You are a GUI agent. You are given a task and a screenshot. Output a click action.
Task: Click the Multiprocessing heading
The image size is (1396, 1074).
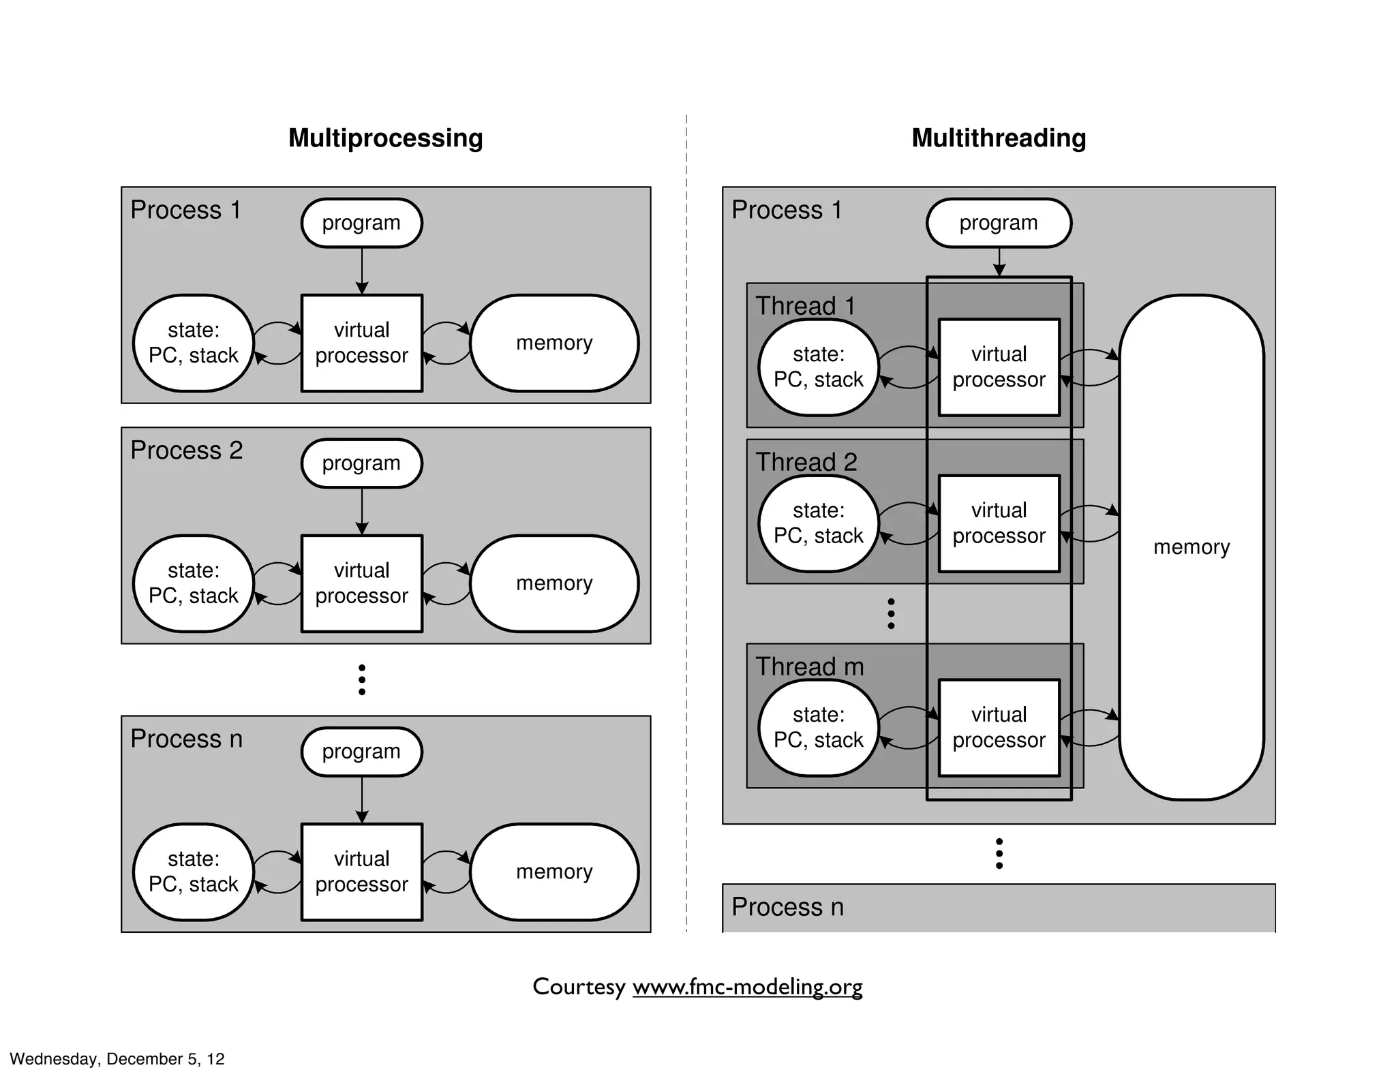[385, 138]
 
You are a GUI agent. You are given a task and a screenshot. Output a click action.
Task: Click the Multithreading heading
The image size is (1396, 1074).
[998, 138]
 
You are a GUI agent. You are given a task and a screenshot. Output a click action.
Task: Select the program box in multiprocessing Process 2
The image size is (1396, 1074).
[361, 463]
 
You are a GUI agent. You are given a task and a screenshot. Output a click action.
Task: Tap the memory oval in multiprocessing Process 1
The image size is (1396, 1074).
[553, 343]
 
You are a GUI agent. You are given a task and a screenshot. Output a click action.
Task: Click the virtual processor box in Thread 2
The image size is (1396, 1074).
[999, 523]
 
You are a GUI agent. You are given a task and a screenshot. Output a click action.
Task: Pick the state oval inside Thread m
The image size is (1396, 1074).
[818, 728]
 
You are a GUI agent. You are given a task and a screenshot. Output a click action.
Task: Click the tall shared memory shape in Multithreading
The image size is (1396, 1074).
[1191, 547]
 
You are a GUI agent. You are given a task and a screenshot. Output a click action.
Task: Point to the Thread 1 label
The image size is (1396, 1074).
[805, 306]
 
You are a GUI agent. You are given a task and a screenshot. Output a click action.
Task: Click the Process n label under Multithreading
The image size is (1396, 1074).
[787, 907]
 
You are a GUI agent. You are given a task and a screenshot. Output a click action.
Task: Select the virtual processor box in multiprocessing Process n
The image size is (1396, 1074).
[361, 872]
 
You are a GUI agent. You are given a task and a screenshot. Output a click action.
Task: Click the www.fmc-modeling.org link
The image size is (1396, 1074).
[747, 987]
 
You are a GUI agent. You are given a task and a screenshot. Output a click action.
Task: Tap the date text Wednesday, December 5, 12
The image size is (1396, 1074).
[117, 1058]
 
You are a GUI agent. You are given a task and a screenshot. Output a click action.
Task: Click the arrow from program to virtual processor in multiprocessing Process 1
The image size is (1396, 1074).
[362, 271]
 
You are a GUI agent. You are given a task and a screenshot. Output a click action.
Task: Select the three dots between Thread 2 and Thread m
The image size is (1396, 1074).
[891, 613]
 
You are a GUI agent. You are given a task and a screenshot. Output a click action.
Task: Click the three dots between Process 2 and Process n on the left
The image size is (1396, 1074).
[362, 679]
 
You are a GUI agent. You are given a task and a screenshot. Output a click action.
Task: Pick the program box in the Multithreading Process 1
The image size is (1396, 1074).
[998, 223]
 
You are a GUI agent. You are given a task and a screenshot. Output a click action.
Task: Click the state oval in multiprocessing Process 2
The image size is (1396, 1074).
[194, 583]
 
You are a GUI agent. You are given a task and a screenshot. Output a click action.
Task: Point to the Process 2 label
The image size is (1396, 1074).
[186, 450]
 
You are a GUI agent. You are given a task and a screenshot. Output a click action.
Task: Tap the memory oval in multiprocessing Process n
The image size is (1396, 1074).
[553, 872]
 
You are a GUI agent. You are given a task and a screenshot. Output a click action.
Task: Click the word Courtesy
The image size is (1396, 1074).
[579, 987]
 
